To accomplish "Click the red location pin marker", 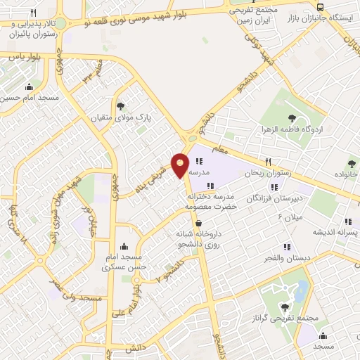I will pyautogui.click(x=180, y=165).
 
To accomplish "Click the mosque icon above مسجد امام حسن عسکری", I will pyautogui.click(x=124, y=246).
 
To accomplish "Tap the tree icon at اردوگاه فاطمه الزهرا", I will pyautogui.click(x=292, y=118).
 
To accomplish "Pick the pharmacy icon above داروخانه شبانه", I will pyautogui.click(x=200, y=224).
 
